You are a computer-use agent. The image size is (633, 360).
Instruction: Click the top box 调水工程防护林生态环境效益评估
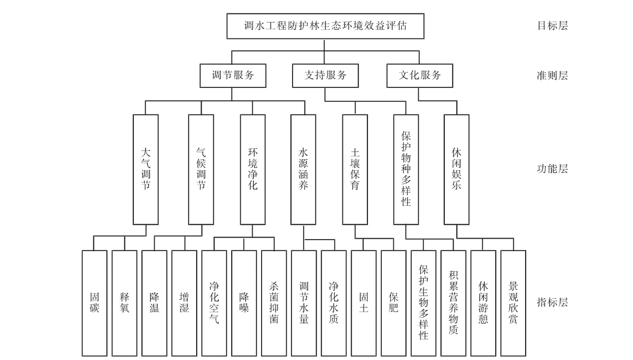point(325,26)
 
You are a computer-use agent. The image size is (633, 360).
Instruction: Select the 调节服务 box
point(233,75)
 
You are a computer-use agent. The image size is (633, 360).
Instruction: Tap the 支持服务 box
point(325,75)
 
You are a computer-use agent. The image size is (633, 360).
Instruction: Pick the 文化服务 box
point(420,75)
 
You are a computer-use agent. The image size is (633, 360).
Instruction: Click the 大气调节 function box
point(146,170)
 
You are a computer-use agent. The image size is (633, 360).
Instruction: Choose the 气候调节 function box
point(201,170)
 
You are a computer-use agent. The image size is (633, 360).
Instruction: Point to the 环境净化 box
point(253,170)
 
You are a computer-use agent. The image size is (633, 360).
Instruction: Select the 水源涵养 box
point(303,170)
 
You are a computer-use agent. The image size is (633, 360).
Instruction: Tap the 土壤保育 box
point(355,170)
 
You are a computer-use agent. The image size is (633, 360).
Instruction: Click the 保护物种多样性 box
point(406,170)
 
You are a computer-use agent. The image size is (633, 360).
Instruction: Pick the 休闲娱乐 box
point(456,170)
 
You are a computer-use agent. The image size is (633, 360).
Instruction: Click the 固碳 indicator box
point(94,303)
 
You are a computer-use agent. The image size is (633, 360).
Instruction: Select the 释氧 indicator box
point(124,303)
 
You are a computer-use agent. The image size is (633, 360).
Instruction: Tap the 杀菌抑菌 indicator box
point(274,303)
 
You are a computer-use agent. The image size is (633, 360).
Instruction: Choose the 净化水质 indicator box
point(334,303)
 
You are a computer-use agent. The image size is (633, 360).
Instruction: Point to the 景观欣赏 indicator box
point(513,303)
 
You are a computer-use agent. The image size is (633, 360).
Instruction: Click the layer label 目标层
point(553,26)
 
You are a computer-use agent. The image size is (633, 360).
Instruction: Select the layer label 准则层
point(553,76)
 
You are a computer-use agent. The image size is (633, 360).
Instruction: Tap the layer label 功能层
point(553,169)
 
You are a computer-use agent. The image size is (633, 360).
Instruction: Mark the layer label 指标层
point(553,303)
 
